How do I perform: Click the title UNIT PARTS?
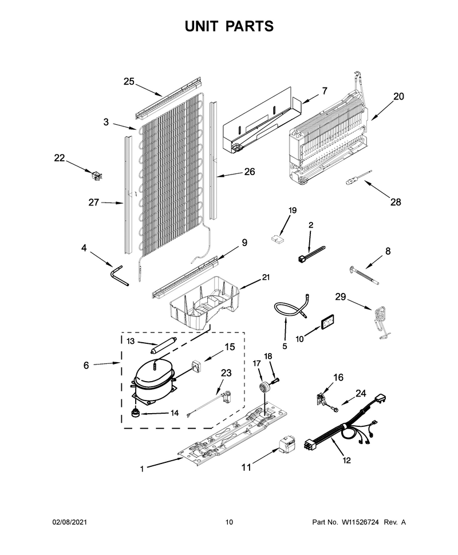229,26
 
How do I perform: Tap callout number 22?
60,158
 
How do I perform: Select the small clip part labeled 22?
96,176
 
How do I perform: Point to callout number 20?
398,96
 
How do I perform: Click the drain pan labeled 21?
203,304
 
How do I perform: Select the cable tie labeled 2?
311,255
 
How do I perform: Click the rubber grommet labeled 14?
135,413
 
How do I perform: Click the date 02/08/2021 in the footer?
69,522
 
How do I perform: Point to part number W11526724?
360,522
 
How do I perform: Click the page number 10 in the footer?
229,522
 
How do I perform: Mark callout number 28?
396,202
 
